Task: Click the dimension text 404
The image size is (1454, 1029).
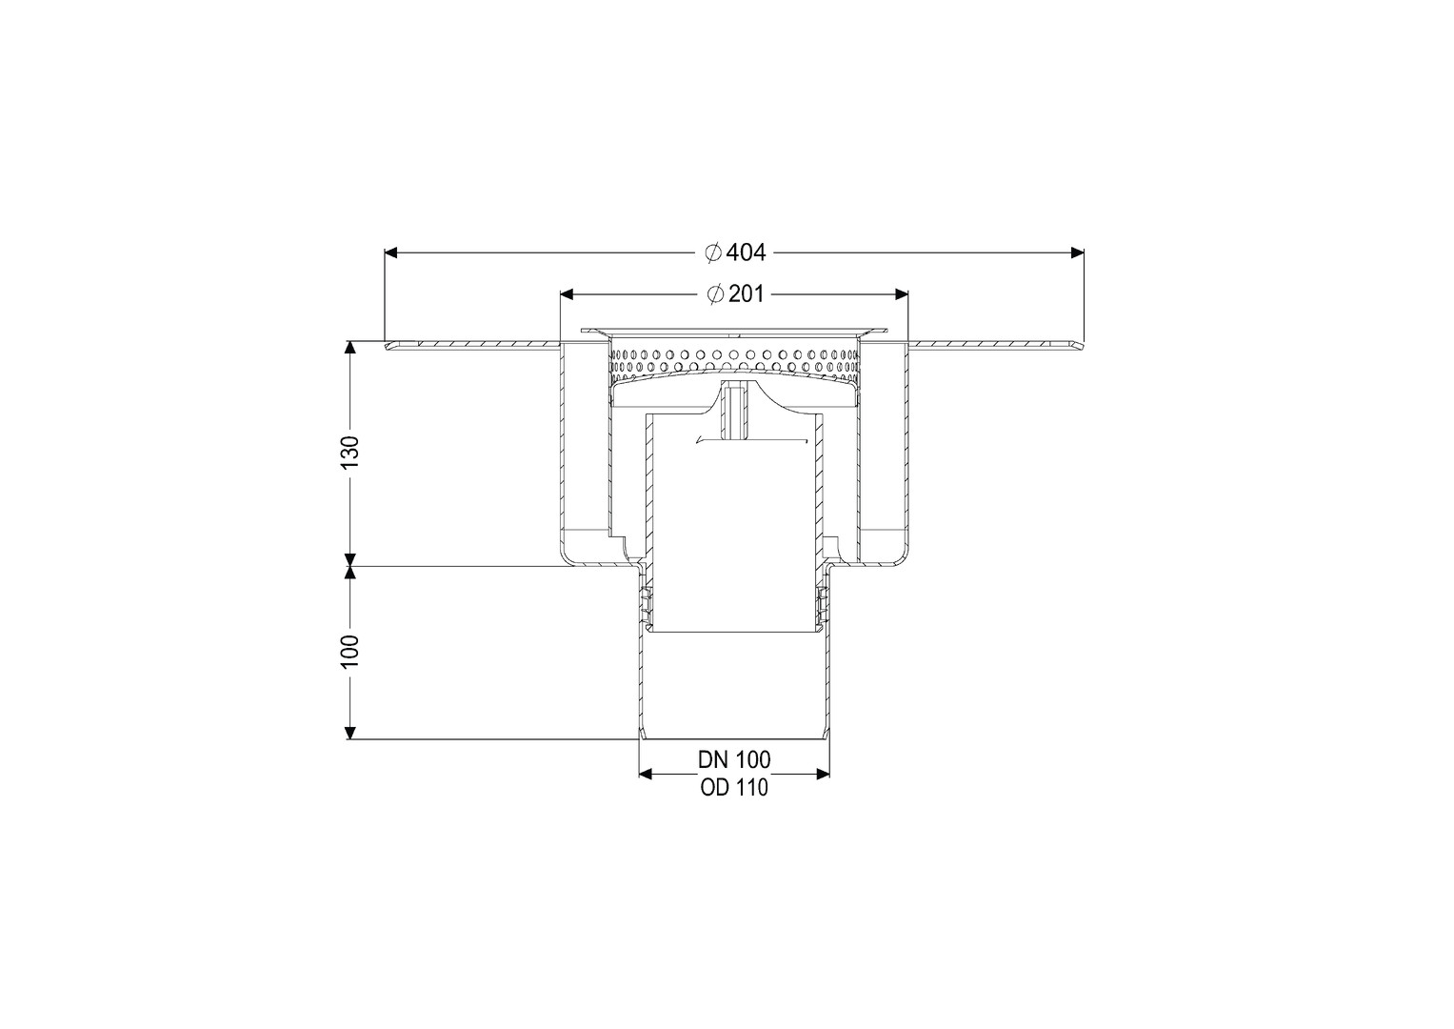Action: click(x=746, y=252)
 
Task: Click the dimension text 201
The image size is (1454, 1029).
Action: click(x=746, y=294)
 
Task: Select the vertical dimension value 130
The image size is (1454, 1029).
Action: click(x=349, y=453)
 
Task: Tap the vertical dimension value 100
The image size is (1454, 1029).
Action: click(x=349, y=652)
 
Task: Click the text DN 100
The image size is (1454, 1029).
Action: click(x=734, y=759)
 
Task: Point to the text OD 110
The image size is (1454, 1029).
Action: click(x=734, y=787)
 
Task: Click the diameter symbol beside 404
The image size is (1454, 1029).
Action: click(x=713, y=252)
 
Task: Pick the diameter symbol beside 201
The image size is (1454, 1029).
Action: click(x=715, y=294)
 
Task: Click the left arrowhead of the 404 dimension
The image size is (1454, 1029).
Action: click(x=391, y=252)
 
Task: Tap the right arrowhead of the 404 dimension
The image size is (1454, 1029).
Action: click(x=1078, y=252)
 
